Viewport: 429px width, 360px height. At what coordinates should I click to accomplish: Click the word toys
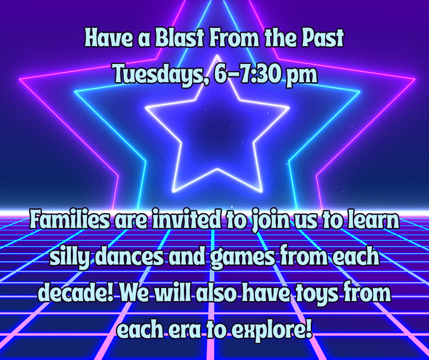tap(318, 295)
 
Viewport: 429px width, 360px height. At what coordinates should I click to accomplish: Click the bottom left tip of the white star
tap(173, 191)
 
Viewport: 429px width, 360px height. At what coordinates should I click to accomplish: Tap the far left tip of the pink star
tap(20, 79)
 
